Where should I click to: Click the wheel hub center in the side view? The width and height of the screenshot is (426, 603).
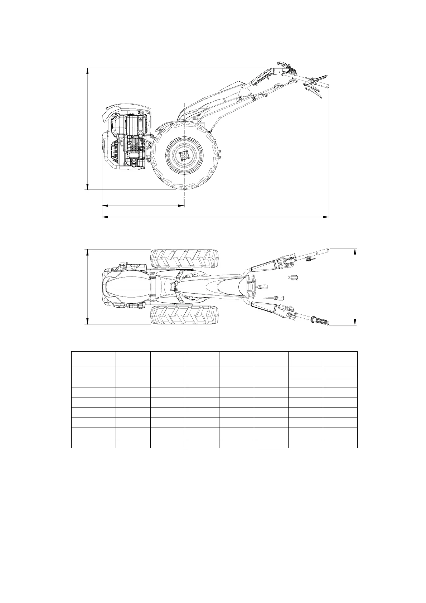(x=184, y=155)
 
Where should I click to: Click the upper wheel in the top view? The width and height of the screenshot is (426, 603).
(x=184, y=258)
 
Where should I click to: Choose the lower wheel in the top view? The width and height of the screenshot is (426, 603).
(x=184, y=314)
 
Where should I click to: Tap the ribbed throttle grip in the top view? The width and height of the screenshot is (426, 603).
(x=319, y=321)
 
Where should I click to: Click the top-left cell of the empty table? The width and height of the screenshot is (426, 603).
(x=93, y=359)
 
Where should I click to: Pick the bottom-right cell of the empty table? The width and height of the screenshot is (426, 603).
(x=340, y=443)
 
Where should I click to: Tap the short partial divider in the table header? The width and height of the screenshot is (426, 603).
(x=323, y=362)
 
